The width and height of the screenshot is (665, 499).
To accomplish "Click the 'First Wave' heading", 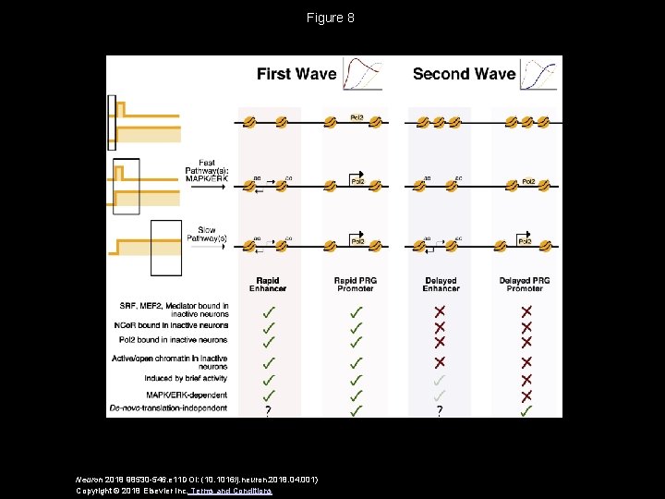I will pyautogui.click(x=296, y=74).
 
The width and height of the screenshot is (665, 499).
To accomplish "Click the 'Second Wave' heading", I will pyautogui.click(x=464, y=74).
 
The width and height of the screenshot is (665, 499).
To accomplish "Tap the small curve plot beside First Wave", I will pyautogui.click(x=362, y=74).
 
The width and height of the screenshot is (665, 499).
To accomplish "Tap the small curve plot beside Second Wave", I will pyautogui.click(x=538, y=74).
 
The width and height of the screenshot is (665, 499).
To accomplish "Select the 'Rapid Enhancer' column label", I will pyautogui.click(x=267, y=284).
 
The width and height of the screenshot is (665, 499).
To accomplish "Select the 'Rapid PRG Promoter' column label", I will pyautogui.click(x=356, y=284).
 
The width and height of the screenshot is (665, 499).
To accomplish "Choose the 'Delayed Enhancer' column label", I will pyautogui.click(x=441, y=284).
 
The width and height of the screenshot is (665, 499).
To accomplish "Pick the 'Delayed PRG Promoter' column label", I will pyautogui.click(x=525, y=284).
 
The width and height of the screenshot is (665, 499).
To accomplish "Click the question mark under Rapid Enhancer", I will pyautogui.click(x=268, y=411).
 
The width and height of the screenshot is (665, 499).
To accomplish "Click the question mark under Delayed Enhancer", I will pyautogui.click(x=440, y=411).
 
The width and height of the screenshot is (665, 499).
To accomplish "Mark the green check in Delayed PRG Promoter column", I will pyautogui.click(x=526, y=410).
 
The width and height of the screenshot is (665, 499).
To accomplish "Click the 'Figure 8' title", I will pyautogui.click(x=332, y=18).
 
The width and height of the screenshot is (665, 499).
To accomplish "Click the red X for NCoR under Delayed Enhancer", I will pyautogui.click(x=440, y=326).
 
